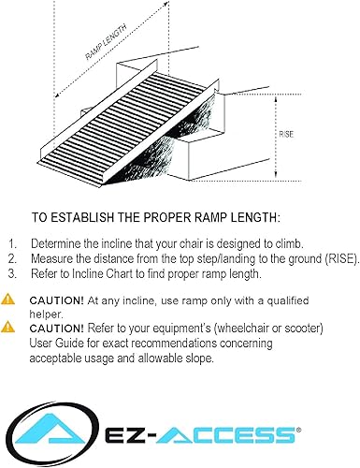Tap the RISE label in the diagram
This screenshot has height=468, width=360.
pyautogui.click(x=288, y=134)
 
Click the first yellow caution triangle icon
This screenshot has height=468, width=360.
pyautogui.click(x=9, y=300)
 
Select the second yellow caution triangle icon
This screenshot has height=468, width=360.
pyautogui.click(x=9, y=328)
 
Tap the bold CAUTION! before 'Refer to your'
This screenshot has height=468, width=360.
pyautogui.click(x=57, y=329)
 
